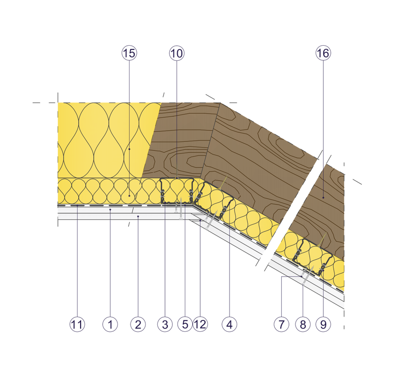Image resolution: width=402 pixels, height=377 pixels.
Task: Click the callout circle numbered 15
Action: tap(129, 53)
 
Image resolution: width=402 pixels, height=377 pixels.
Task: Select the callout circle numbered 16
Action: tap(323, 53)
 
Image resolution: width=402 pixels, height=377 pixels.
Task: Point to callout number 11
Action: tap(77, 324)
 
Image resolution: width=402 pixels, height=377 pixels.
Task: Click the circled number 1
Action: tap(110, 324)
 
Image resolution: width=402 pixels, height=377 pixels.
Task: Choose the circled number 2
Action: tap(138, 324)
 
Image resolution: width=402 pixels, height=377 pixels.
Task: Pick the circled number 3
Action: tap(165, 324)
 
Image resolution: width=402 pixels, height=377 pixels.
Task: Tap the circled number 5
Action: tap(185, 324)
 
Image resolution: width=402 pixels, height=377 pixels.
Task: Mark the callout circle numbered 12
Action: tap(200, 324)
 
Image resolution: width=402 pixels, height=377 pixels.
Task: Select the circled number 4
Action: tap(230, 324)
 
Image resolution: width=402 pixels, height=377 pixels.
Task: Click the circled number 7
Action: tap(281, 324)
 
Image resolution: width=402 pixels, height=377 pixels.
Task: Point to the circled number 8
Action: tap(303, 324)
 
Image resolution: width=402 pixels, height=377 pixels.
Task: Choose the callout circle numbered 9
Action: tap(323, 324)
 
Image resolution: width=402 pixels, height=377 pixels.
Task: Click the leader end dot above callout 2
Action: tap(138, 216)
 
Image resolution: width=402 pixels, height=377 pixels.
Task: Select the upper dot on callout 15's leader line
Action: tap(129, 148)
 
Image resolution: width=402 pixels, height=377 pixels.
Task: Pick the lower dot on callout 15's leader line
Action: tap(129, 194)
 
